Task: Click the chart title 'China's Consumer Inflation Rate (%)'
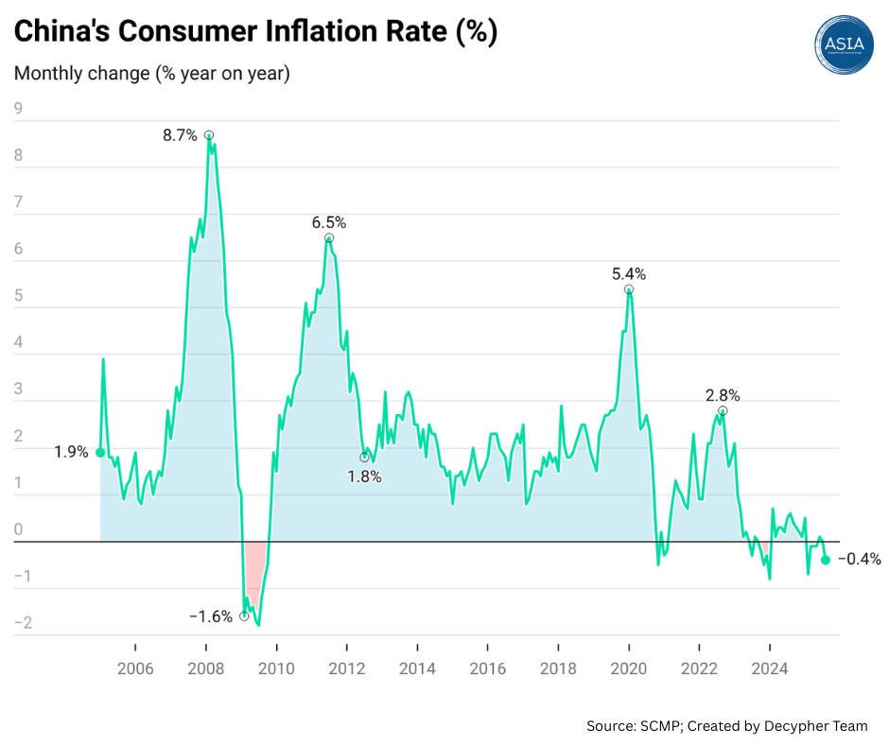coord(255,31)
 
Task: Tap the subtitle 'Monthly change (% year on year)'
coord(151,74)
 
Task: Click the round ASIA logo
coord(844,43)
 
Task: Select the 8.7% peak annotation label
coord(180,135)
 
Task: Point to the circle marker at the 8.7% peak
coord(209,135)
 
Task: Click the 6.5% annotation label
coord(329,223)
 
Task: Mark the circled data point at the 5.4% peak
coord(629,290)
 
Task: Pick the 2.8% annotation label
coord(723,395)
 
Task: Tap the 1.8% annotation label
coord(364,477)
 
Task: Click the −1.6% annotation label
coord(211,616)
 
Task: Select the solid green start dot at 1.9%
coord(100,453)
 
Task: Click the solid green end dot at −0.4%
coord(825,560)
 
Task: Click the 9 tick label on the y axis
coord(17,109)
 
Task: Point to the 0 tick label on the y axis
coord(17,529)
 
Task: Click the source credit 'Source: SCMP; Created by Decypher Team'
coord(726,726)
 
